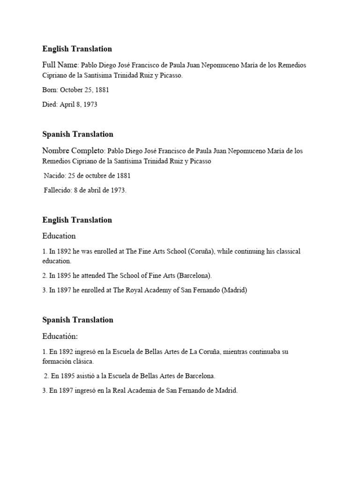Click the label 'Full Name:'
[x=61, y=65]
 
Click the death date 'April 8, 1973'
[x=78, y=105]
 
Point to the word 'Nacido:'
[x=54, y=176]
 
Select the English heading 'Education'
[x=59, y=236]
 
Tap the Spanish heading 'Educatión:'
[x=60, y=336]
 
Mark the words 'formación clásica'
[x=68, y=361]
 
